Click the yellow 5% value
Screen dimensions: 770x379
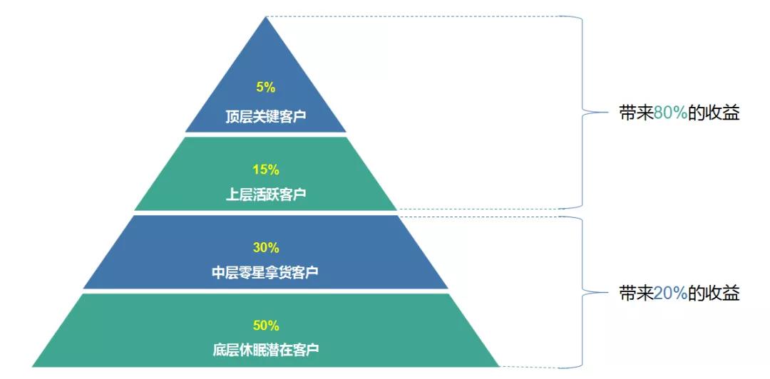point(266,88)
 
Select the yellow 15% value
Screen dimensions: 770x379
point(266,170)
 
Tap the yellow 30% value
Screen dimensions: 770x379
point(266,248)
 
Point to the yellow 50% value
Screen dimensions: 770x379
point(266,326)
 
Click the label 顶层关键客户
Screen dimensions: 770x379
point(266,117)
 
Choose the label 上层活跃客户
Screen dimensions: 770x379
point(266,194)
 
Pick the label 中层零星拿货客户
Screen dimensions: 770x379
point(265,272)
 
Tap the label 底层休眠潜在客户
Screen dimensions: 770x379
point(266,350)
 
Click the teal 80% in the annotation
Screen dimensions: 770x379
point(670,114)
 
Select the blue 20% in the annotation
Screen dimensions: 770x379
point(670,293)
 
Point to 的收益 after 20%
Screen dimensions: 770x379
point(714,293)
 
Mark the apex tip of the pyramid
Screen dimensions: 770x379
point(266,16)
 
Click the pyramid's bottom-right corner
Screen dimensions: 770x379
point(499,366)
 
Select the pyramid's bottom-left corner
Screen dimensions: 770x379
point(32,366)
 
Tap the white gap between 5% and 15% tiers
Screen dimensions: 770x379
point(266,135)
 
